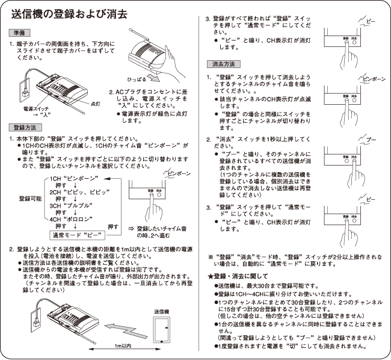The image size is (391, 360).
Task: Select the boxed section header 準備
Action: click(19, 32)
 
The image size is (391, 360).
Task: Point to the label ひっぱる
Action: click(137, 79)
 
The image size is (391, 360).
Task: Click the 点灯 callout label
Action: click(96, 103)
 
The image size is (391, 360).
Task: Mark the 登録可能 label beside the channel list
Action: click(31, 198)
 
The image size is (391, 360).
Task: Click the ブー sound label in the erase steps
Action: click(371, 140)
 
